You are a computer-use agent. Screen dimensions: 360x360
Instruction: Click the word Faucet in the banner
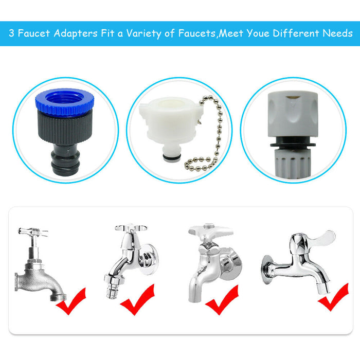point(34,33)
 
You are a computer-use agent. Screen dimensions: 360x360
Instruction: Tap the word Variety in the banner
point(144,34)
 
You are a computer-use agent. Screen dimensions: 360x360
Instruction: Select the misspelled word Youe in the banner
point(258,33)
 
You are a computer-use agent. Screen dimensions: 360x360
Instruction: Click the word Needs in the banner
point(337,33)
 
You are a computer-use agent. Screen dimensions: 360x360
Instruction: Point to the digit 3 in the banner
point(11,33)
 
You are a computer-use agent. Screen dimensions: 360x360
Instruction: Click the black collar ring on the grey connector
point(293,145)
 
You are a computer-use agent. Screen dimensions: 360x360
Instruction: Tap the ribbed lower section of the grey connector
point(293,164)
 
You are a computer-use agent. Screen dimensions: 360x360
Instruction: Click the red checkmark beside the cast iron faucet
point(71,301)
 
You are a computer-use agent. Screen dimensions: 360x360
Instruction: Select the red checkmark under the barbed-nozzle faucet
point(137,299)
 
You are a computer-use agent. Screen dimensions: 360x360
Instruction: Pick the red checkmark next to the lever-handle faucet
point(333,297)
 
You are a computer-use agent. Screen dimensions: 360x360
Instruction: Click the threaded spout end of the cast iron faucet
point(58,298)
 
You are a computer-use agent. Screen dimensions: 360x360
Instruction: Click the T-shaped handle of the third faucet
point(210,230)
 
